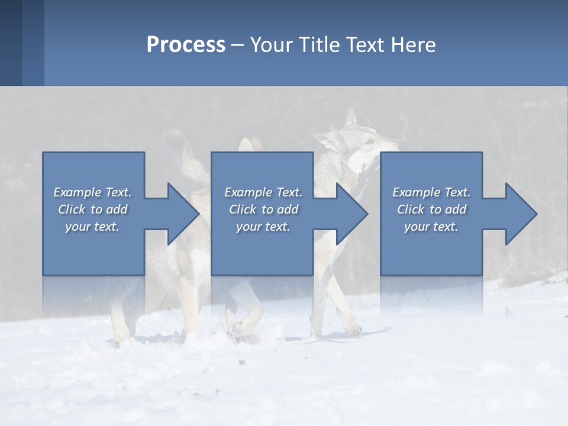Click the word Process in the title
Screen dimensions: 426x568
click(x=186, y=45)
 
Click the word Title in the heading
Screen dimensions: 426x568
click(x=317, y=45)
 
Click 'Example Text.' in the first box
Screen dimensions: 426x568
click(x=92, y=192)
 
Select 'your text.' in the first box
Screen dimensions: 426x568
click(x=92, y=227)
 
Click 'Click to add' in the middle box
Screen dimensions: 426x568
click(x=263, y=209)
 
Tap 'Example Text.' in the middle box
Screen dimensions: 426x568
click(x=263, y=192)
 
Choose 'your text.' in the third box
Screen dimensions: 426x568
click(x=431, y=227)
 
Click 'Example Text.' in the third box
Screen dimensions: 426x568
click(x=431, y=192)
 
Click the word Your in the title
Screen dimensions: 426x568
click(x=270, y=45)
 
